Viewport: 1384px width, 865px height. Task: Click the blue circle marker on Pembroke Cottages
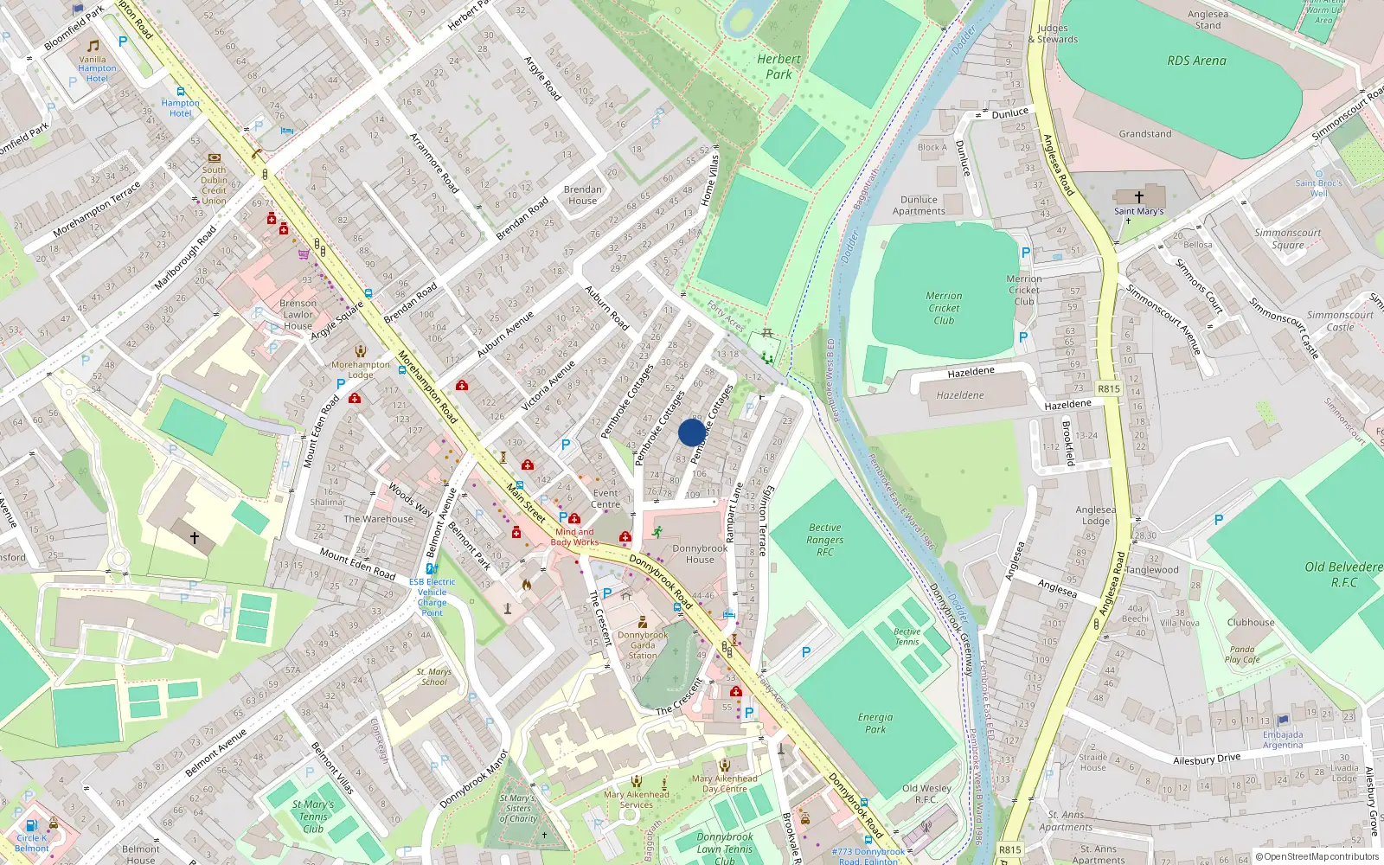click(x=692, y=432)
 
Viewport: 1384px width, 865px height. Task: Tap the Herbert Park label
click(x=778, y=67)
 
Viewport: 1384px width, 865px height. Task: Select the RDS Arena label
click(x=1196, y=61)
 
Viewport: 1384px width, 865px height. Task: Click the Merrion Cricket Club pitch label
click(x=944, y=308)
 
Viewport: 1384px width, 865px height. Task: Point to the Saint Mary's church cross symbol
click(x=1139, y=197)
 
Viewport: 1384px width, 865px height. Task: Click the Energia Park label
click(x=875, y=723)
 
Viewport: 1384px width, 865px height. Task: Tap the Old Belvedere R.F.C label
click(x=1343, y=574)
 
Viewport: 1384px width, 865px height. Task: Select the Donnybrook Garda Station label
click(x=643, y=644)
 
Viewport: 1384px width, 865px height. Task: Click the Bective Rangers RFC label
click(x=825, y=540)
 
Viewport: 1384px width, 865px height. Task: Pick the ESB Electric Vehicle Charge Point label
click(x=432, y=597)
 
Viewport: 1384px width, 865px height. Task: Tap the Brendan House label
click(x=582, y=195)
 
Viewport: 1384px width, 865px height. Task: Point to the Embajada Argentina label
click(x=1282, y=740)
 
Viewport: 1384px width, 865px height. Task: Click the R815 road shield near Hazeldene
click(x=1109, y=389)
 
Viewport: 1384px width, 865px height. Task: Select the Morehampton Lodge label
click(x=361, y=369)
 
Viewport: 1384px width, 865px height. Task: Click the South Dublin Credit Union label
click(x=214, y=185)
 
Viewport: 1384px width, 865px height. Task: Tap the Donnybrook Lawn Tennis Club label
click(x=725, y=849)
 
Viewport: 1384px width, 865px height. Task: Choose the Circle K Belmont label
click(x=32, y=843)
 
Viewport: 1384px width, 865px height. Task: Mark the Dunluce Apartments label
click(x=919, y=205)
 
